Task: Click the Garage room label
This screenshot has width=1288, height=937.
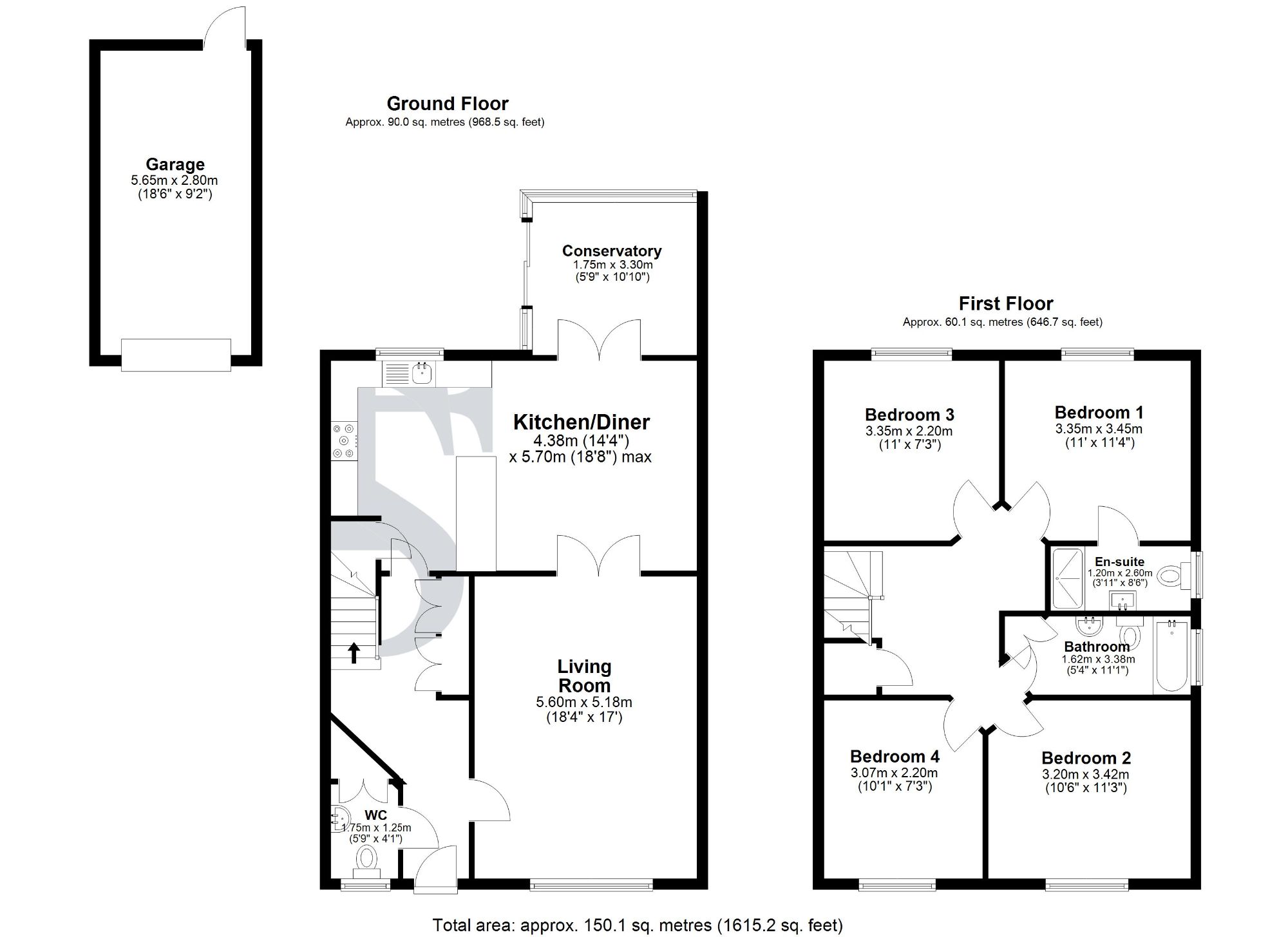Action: pyautogui.click(x=175, y=164)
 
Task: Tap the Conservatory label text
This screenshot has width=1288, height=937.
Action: pyautogui.click(x=611, y=251)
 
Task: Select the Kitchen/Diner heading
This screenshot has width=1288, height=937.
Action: pyautogui.click(x=581, y=422)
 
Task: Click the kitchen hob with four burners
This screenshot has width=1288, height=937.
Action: pyautogui.click(x=344, y=440)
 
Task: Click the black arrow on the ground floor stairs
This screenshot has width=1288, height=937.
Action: pyautogui.click(x=354, y=652)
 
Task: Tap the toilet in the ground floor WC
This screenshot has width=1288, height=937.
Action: pyautogui.click(x=367, y=858)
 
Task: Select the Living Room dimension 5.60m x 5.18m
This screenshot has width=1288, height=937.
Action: pyautogui.click(x=583, y=702)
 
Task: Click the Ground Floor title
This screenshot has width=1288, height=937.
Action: pyautogui.click(x=447, y=103)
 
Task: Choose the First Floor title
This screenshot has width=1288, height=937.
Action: pyautogui.click(x=1005, y=303)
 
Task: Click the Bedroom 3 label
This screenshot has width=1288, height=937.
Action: pyautogui.click(x=909, y=415)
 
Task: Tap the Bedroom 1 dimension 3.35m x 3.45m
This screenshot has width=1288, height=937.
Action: pyautogui.click(x=1099, y=429)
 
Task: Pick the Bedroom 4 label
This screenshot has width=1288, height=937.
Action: pyautogui.click(x=894, y=756)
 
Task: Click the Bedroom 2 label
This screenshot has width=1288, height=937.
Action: pyautogui.click(x=1086, y=758)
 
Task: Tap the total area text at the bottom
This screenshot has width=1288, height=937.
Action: pyautogui.click(x=637, y=925)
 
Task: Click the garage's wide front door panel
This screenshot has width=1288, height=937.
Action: pyautogui.click(x=176, y=355)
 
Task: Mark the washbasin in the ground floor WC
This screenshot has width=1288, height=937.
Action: pyautogui.click(x=340, y=819)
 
